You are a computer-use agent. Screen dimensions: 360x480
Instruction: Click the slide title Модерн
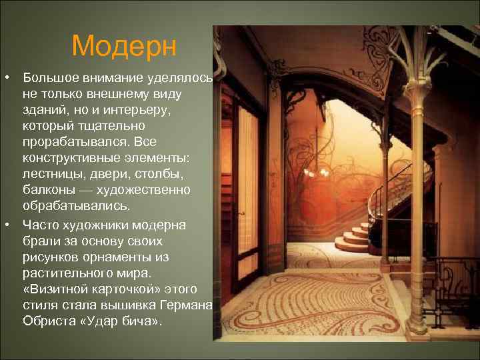coord(125,46)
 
